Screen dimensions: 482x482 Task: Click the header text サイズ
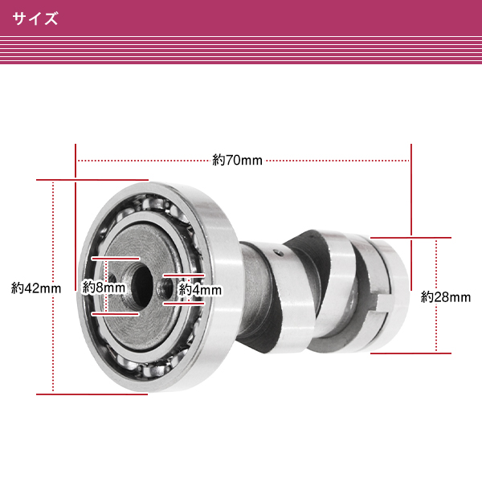pos(35,18)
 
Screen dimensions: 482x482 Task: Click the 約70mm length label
pos(238,160)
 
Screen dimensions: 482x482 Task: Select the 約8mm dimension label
pos(104,286)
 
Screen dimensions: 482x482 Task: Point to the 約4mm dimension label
pos(200,288)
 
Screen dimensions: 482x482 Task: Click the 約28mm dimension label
pos(446,296)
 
